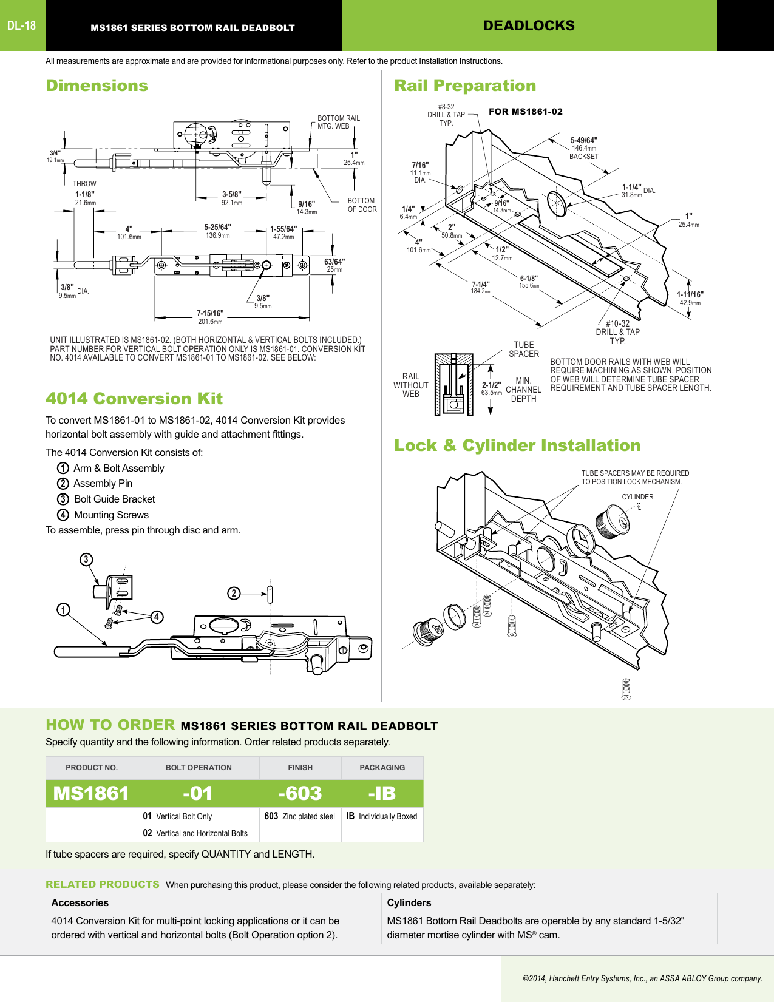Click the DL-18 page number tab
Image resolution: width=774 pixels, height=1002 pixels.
(22, 25)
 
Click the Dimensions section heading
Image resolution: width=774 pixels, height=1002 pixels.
(97, 86)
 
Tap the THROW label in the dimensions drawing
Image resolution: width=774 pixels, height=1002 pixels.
(84, 184)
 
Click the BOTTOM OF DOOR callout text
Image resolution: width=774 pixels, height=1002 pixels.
(362, 205)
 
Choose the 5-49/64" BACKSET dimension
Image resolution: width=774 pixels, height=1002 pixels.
(584, 147)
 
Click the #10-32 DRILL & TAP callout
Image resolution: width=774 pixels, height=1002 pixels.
(617, 332)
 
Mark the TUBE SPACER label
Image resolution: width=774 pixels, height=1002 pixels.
(524, 349)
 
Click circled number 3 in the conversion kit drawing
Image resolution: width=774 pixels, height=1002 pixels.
(86, 560)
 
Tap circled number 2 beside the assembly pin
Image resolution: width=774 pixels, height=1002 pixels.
(234, 593)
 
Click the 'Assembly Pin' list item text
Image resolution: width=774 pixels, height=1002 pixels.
(103, 484)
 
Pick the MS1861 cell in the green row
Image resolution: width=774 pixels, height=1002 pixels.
(91, 793)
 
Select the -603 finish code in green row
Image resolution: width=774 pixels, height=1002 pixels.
(300, 793)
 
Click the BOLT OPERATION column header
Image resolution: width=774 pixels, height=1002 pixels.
(199, 768)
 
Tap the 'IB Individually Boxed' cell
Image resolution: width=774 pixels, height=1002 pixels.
(382, 816)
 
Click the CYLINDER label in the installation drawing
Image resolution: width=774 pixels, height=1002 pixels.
(637, 497)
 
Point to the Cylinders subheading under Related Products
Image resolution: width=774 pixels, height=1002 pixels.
(409, 903)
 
